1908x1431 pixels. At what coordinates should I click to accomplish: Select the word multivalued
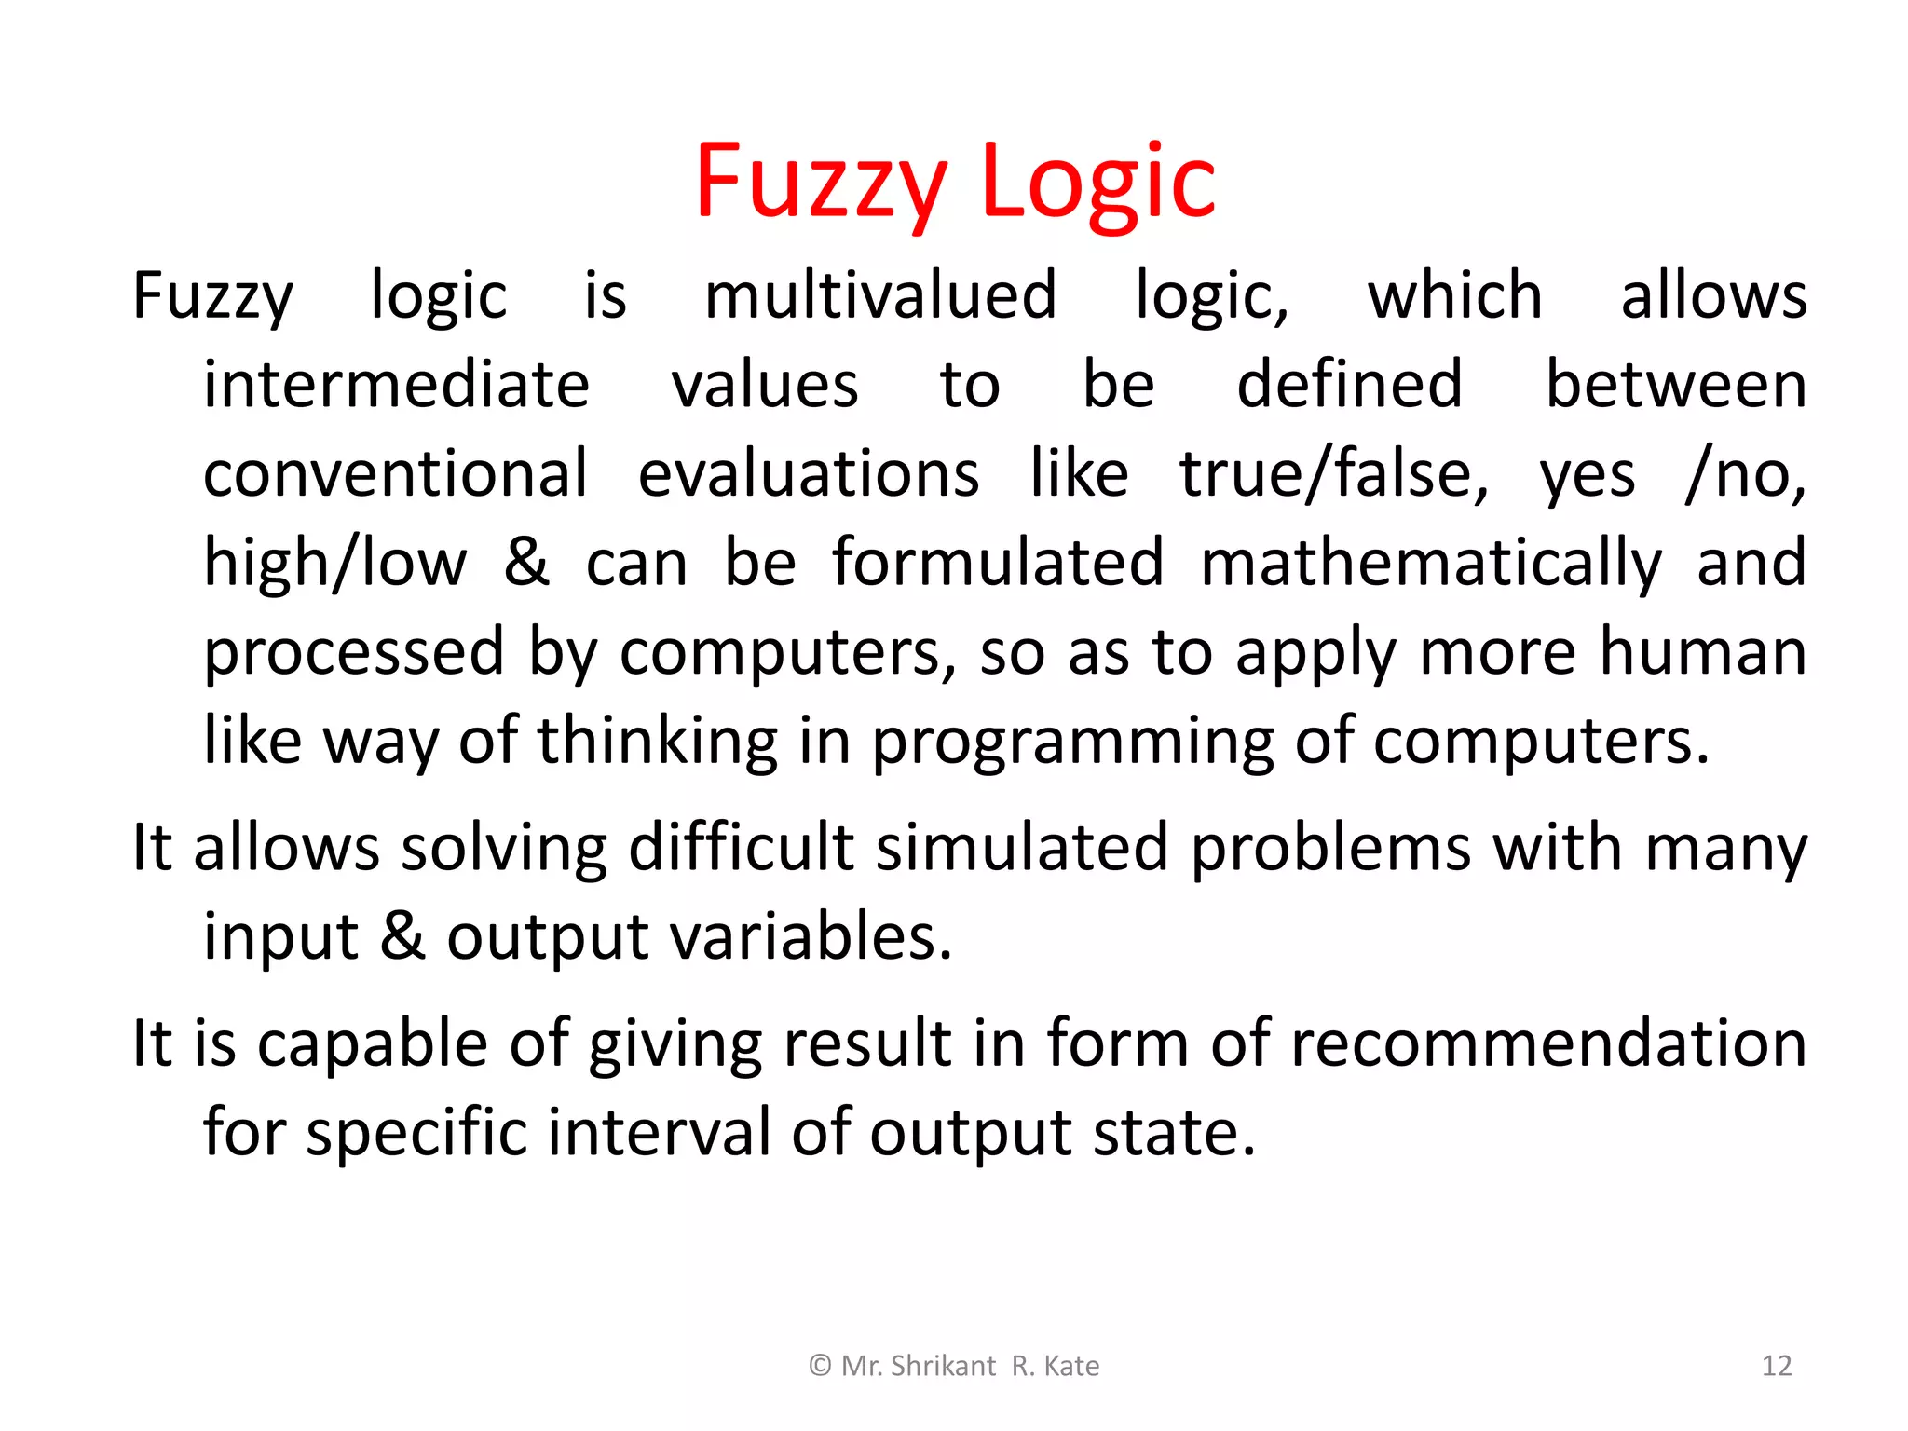[880, 296]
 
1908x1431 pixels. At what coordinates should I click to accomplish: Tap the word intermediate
[397, 385]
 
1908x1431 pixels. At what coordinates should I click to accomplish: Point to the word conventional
[396, 473]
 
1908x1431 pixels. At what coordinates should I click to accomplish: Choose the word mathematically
[1431, 563]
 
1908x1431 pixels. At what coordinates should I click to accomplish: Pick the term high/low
[335, 563]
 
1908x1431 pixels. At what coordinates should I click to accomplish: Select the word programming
[1071, 743]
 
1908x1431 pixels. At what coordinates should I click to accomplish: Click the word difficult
[742, 848]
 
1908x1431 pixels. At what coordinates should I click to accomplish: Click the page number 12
[1777, 1366]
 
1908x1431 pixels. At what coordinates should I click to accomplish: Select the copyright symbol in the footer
[820, 1366]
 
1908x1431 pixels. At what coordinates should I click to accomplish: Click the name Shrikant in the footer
[944, 1366]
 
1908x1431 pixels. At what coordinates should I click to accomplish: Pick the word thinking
[658, 743]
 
